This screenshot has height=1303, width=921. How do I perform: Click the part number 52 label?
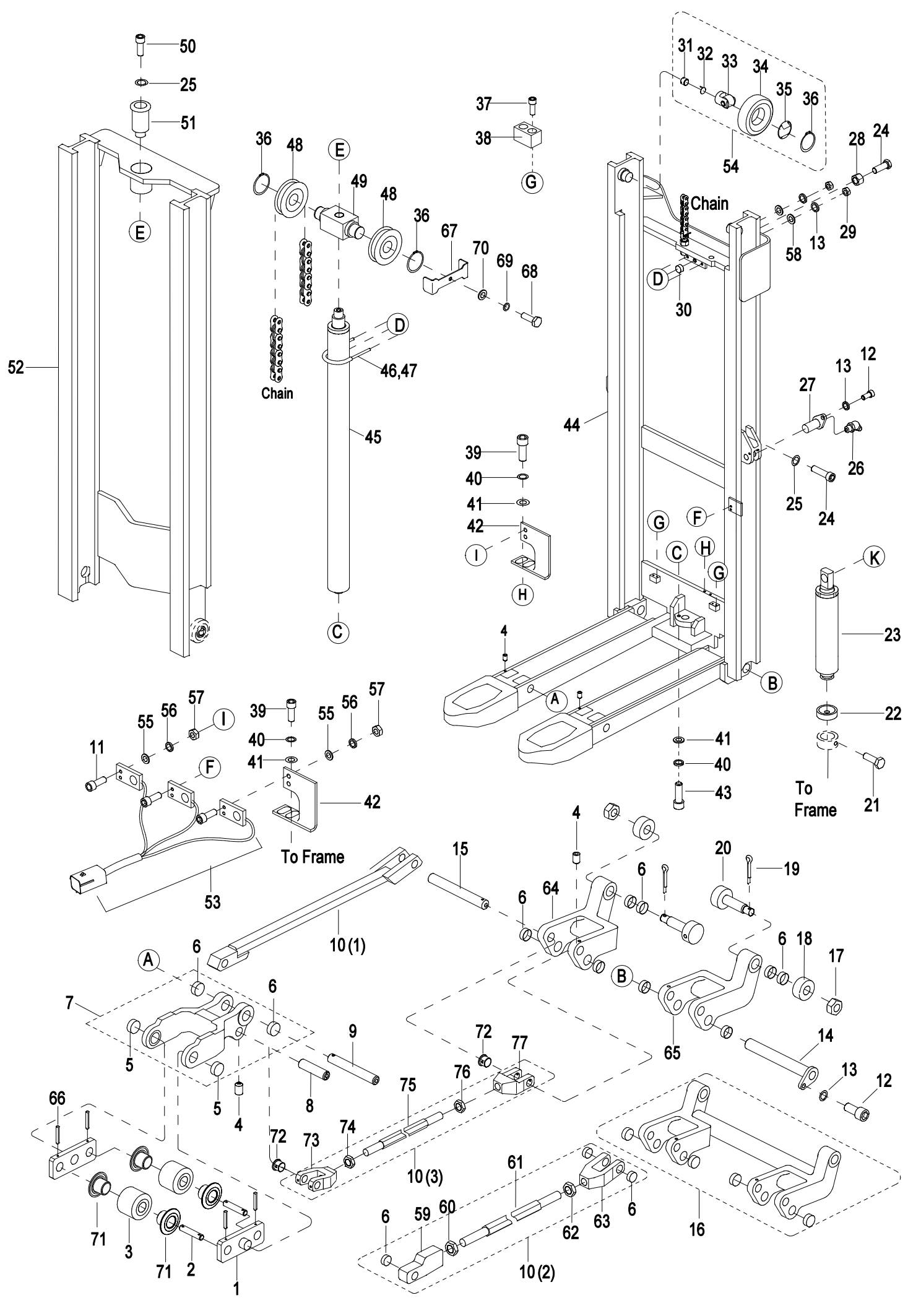click(15, 368)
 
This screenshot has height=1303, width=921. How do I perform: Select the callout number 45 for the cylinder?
click(373, 437)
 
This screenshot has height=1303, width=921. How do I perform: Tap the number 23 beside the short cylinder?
click(892, 634)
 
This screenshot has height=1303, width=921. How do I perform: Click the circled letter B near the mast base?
click(772, 683)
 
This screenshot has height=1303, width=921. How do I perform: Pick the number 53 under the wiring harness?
click(212, 903)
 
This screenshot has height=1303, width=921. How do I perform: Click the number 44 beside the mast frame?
click(573, 425)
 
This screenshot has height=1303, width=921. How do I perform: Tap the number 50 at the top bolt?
click(188, 46)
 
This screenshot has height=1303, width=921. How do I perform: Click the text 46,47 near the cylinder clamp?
click(398, 370)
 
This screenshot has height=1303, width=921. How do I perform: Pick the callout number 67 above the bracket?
click(449, 231)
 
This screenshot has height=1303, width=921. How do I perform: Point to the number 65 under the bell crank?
click(672, 1052)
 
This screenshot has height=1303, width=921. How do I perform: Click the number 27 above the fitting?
click(807, 384)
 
